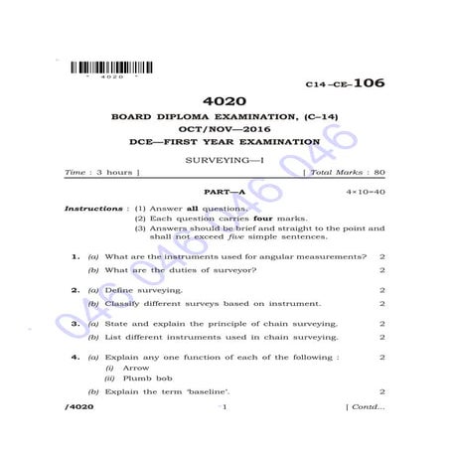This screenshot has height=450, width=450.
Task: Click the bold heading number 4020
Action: click(224, 100)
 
